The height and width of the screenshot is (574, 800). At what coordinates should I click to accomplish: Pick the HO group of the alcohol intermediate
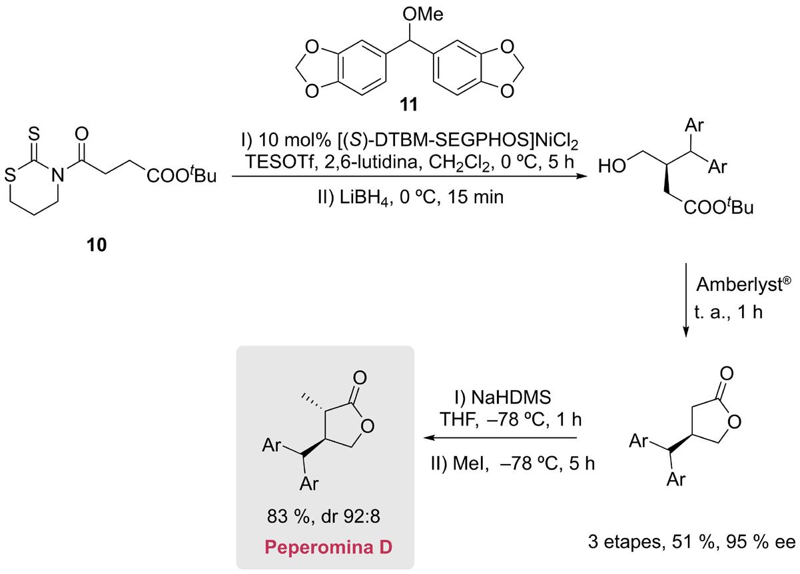coord(612,164)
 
